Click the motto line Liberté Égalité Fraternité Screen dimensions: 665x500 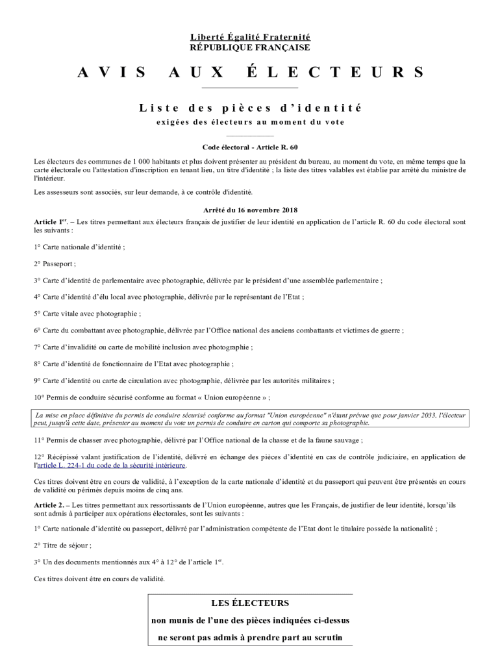(x=250, y=38)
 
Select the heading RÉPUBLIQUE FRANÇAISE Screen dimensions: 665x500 (x=250, y=47)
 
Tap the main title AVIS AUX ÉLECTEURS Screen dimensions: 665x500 (x=250, y=72)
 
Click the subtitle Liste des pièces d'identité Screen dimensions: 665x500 (x=250, y=108)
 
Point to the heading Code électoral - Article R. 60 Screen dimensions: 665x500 (x=250, y=147)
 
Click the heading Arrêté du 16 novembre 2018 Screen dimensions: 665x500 (x=250, y=210)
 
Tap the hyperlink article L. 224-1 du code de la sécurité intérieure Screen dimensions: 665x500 (x=112, y=466)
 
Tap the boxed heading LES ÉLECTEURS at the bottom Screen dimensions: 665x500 (x=250, y=603)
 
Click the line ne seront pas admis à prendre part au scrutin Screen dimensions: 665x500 (x=250, y=637)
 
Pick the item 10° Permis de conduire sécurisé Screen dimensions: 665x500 (x=152, y=397)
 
